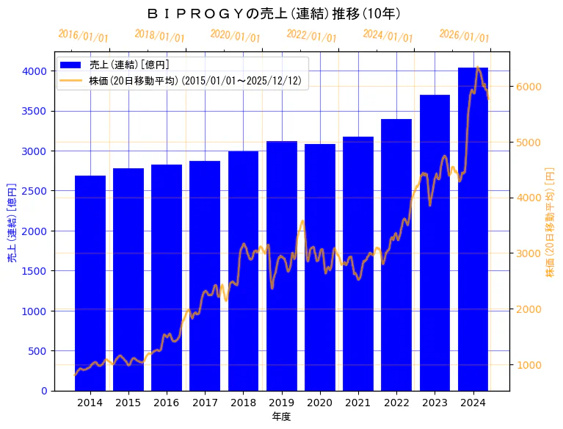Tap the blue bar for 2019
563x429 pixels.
coord(282,265)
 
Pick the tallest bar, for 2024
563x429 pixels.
coord(473,228)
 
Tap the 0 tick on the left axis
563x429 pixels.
coord(44,391)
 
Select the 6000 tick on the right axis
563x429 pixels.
coord(527,87)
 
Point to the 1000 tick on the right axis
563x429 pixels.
coord(527,365)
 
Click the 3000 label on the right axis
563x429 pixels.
coord(527,253)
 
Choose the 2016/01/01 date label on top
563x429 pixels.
coord(83,36)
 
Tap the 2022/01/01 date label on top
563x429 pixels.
coord(311,36)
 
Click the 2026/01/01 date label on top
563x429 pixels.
coord(464,36)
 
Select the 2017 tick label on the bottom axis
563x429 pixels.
coord(205,403)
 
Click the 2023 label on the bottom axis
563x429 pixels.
coord(435,403)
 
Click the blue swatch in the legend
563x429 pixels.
coord(73,65)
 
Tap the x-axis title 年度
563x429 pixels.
coord(281,417)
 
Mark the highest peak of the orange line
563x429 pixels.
coord(478,67)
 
